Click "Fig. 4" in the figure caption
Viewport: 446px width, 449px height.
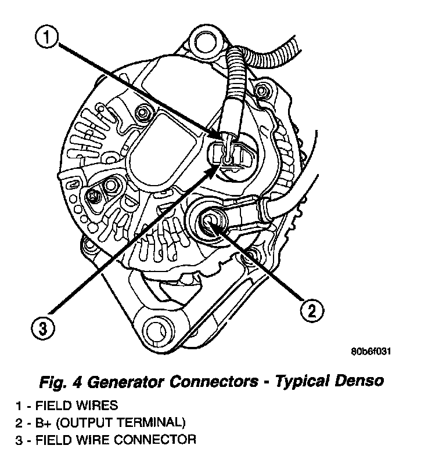[61, 382]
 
